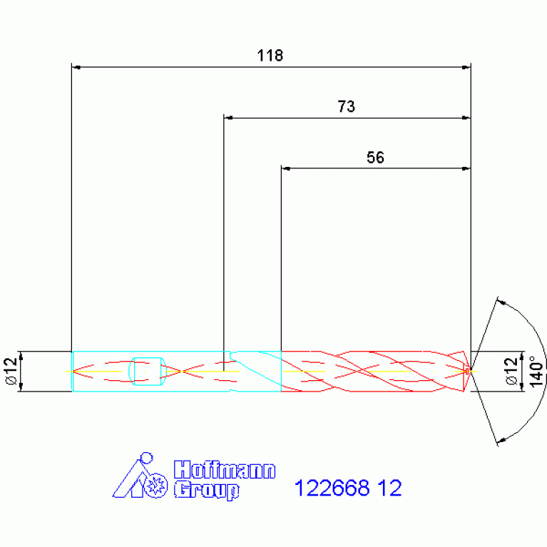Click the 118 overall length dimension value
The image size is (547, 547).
tap(270, 56)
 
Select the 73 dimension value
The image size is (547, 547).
tap(346, 107)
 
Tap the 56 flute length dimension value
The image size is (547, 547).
tap(375, 158)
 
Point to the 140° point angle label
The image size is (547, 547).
tap(536, 372)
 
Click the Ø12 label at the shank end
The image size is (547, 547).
tap(11, 371)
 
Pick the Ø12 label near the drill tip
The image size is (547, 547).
tap(511, 371)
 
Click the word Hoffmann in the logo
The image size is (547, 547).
tap(225, 469)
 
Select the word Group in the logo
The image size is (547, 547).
tap(207, 490)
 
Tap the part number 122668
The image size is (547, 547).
tap(332, 488)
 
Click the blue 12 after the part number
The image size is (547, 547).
tap(389, 488)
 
